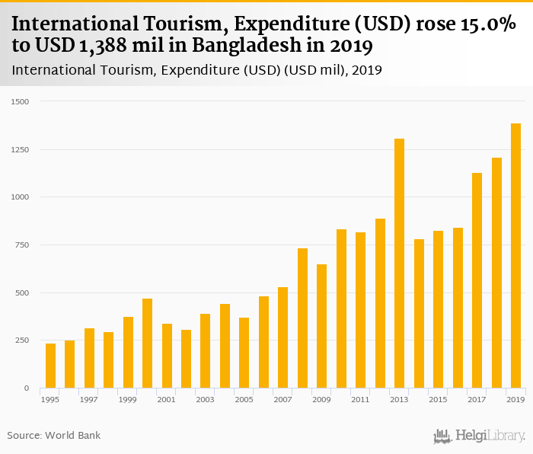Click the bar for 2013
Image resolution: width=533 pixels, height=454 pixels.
(x=400, y=263)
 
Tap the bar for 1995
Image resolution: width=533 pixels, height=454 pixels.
(x=50, y=366)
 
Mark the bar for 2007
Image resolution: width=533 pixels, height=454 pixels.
(x=283, y=337)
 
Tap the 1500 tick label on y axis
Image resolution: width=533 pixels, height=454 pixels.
(x=20, y=101)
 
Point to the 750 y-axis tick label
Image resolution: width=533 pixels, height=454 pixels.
(x=22, y=245)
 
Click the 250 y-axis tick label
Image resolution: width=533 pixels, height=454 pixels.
(x=22, y=340)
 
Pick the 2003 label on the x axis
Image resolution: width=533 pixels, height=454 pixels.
(x=205, y=399)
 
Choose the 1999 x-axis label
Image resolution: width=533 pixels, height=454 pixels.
(x=127, y=399)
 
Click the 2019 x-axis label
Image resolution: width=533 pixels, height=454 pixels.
(x=515, y=399)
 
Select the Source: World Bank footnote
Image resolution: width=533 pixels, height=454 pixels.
(x=54, y=436)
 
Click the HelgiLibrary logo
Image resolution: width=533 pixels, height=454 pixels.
(x=479, y=436)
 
